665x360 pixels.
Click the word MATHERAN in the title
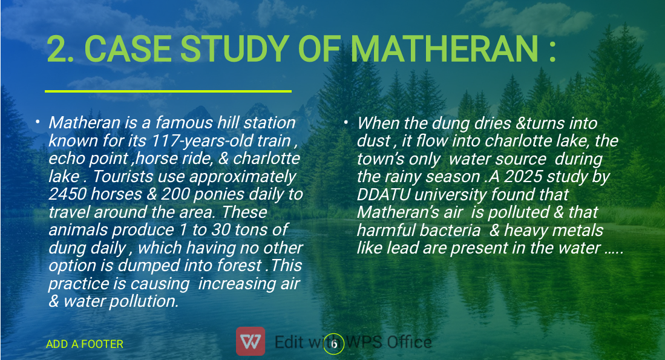click(445, 49)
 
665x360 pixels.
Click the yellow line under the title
click(168, 91)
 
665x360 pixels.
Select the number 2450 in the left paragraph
click(67, 194)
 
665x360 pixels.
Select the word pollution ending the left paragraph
click(144, 301)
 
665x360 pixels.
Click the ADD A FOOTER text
click(84, 344)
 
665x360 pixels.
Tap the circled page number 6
click(334, 344)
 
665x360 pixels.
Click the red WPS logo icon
click(251, 341)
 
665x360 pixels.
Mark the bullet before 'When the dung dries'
click(346, 123)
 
